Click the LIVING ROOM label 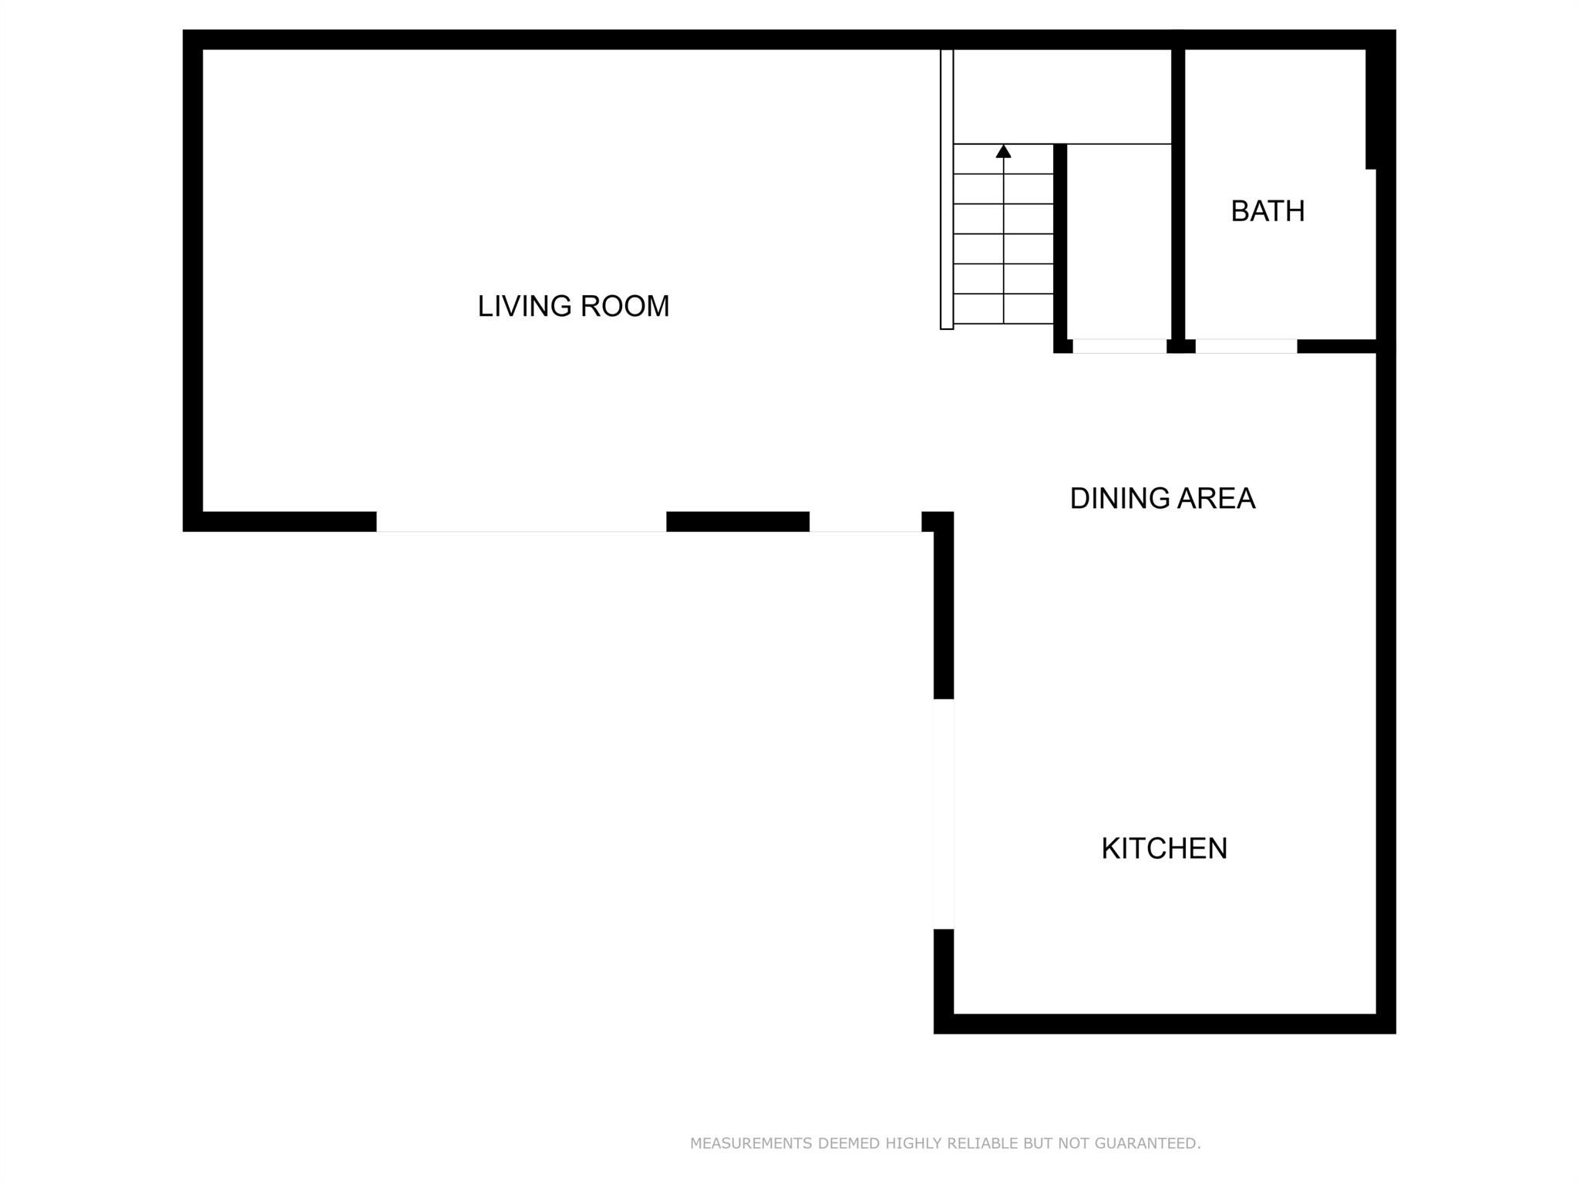(x=573, y=306)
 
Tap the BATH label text (x=1268, y=211)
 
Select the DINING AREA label (x=1162, y=499)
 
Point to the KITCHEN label (x=1164, y=849)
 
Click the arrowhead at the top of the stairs (x=1003, y=151)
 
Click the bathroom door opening (x=1246, y=346)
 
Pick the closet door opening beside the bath (x=1119, y=346)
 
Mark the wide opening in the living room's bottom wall (x=521, y=522)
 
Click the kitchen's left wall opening (x=944, y=814)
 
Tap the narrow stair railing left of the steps (x=947, y=189)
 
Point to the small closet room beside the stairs (x=1119, y=241)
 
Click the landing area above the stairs (x=1062, y=96)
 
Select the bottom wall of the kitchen (x=1164, y=1024)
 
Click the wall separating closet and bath (x=1178, y=193)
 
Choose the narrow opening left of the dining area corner (x=865, y=522)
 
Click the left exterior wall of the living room (x=193, y=281)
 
